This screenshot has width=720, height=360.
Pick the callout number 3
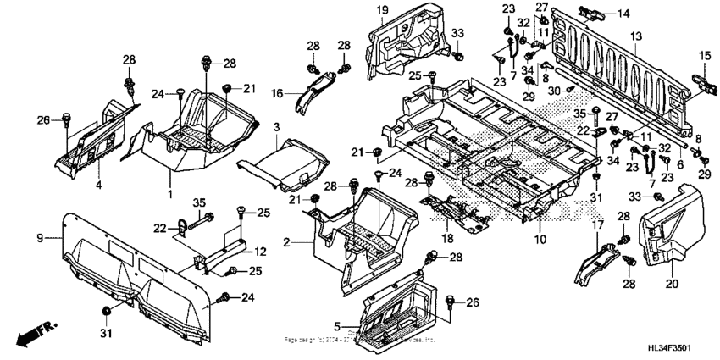tap(276, 126)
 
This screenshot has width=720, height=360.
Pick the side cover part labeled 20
tap(665, 229)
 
